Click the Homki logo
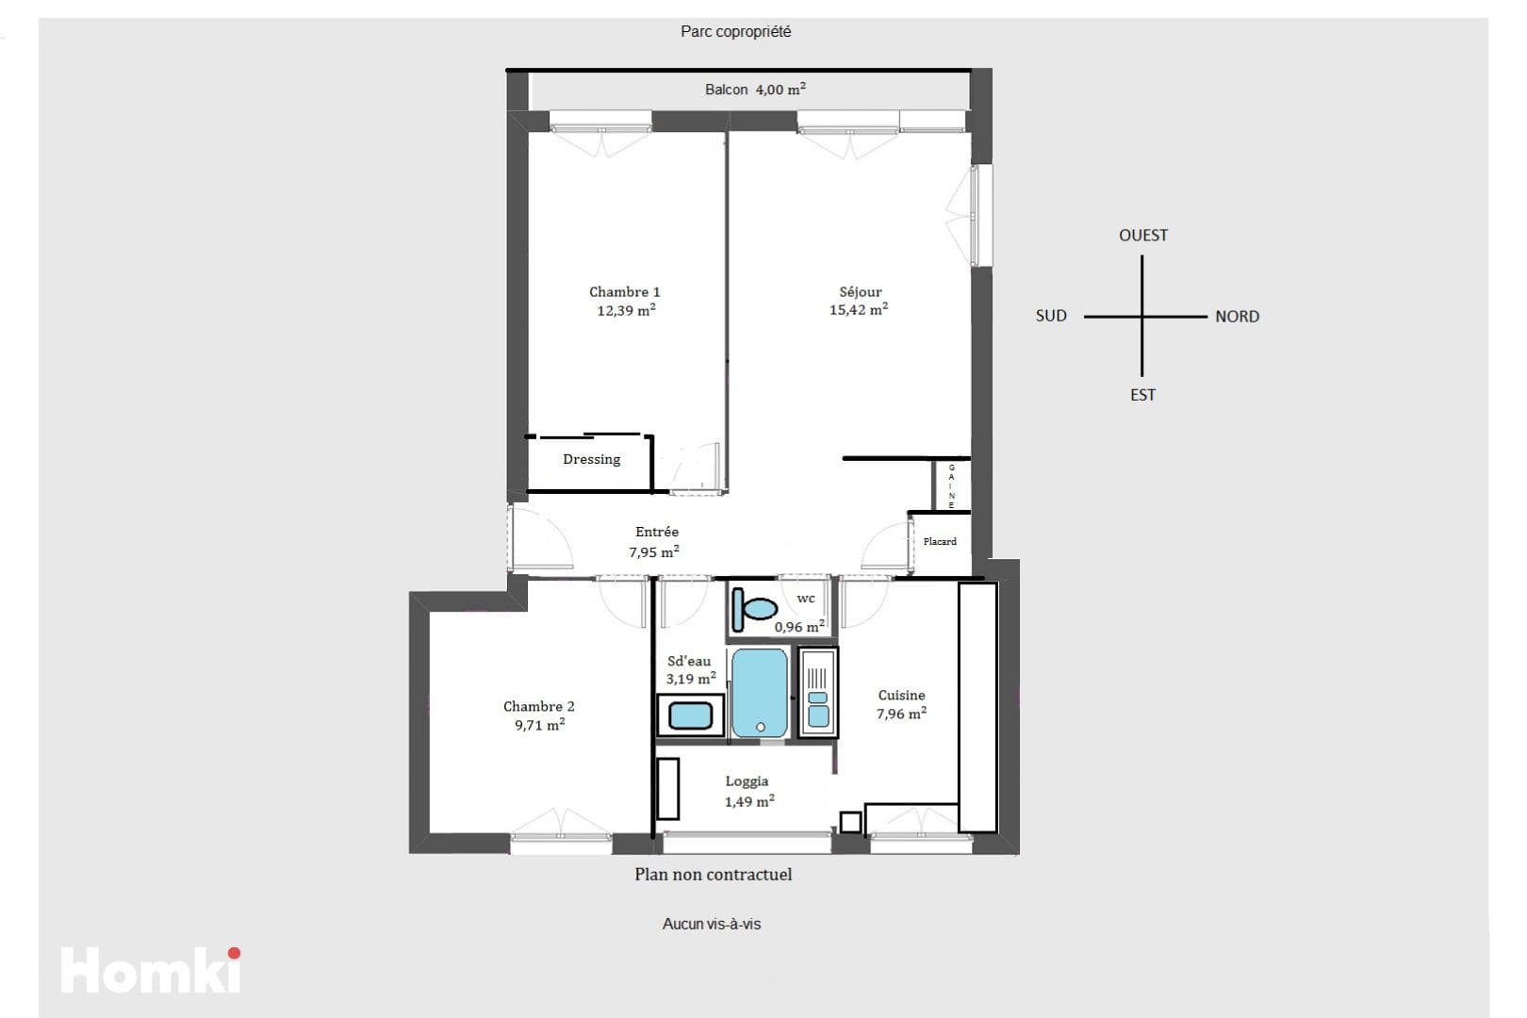point(151,969)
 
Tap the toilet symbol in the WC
point(755,609)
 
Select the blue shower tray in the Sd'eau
point(760,693)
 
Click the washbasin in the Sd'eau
point(691,715)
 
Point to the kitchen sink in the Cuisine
point(818,693)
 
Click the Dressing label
point(592,459)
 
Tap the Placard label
point(940,541)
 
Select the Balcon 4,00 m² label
point(755,90)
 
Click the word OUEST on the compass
point(1143,236)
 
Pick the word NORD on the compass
point(1238,317)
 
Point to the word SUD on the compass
point(1051,316)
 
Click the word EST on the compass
point(1143,395)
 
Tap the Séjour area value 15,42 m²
point(859,309)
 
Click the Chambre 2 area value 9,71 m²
point(539,725)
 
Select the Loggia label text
point(747,781)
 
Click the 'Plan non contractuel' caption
point(713,874)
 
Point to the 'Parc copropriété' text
point(735,31)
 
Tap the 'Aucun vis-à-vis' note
point(712,924)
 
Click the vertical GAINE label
point(952,486)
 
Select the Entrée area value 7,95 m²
point(654,551)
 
